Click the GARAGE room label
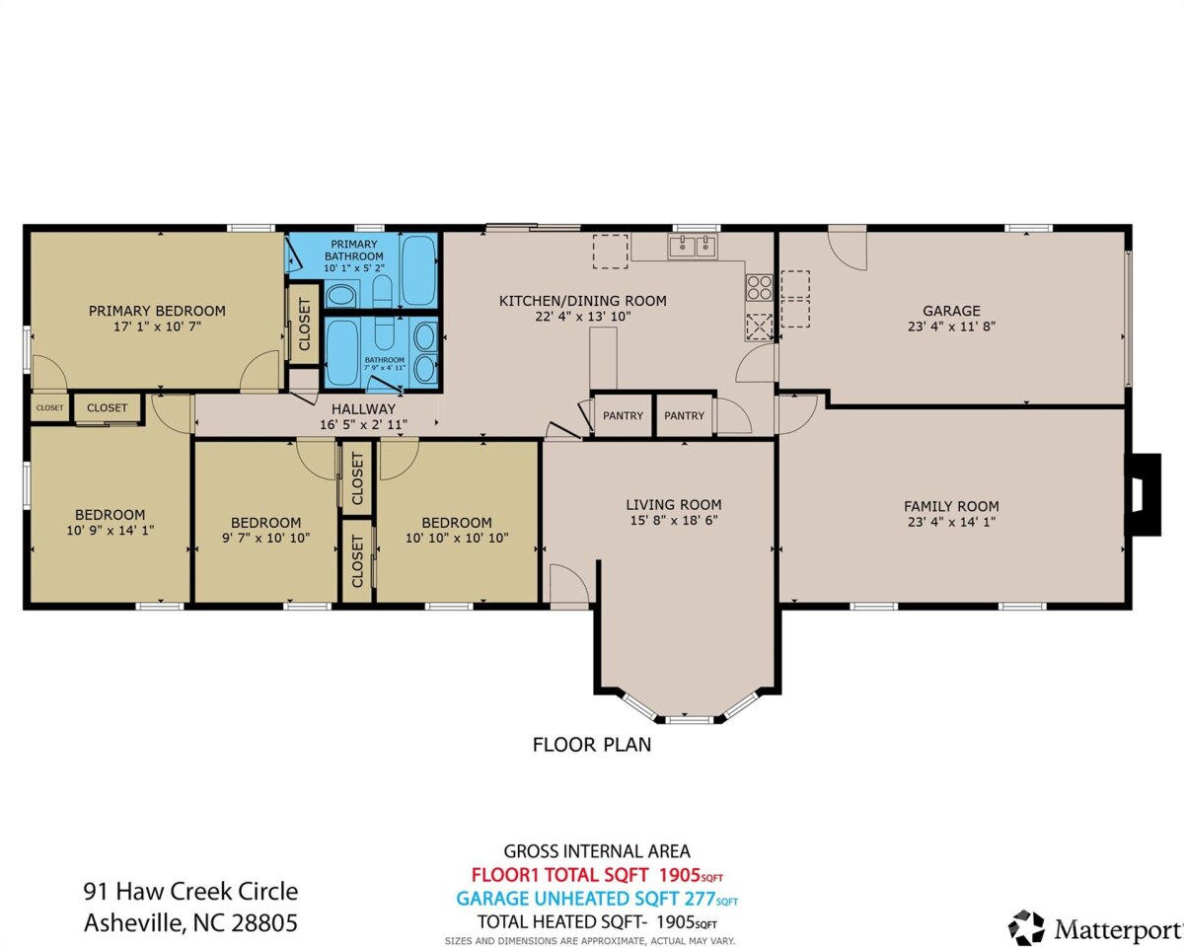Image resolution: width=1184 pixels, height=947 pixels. click(x=951, y=311)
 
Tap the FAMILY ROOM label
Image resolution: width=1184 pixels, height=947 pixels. click(x=951, y=506)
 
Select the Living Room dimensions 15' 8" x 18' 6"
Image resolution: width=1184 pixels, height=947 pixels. click(x=674, y=520)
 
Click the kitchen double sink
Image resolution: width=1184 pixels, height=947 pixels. click(x=693, y=246)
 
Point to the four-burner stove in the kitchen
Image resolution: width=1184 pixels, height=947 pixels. click(x=760, y=288)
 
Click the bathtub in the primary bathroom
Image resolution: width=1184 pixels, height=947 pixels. click(x=418, y=269)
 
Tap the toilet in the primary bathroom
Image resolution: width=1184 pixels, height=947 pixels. click(x=383, y=292)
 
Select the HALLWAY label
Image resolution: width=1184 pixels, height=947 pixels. click(x=363, y=408)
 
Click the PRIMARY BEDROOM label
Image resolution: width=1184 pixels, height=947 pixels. click(x=157, y=311)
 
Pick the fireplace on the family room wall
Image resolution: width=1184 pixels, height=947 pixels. click(x=1144, y=494)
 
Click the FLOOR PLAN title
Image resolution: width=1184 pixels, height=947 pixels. click(x=591, y=745)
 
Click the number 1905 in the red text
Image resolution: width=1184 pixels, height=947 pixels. click(x=679, y=874)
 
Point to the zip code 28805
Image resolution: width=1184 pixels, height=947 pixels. click(x=264, y=922)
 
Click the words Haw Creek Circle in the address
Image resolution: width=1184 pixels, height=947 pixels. click(x=207, y=892)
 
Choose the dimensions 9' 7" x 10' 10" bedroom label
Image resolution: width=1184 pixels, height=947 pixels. click(x=265, y=538)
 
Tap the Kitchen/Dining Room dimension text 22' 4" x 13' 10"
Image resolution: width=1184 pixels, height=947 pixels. click(x=583, y=317)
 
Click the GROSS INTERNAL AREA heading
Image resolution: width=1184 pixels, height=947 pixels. click(x=597, y=851)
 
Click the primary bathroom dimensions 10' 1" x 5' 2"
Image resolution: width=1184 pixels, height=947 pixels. click(x=354, y=268)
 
